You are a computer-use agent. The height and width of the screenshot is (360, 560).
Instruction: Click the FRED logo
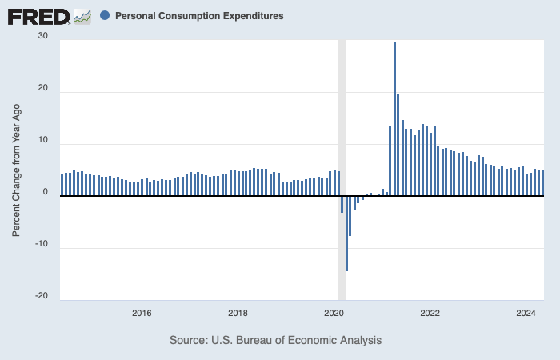point(38,16)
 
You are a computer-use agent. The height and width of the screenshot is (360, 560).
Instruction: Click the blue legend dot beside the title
point(106,16)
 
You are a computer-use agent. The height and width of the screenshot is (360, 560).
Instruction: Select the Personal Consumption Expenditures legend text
point(198,16)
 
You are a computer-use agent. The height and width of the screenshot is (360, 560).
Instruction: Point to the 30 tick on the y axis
point(42,36)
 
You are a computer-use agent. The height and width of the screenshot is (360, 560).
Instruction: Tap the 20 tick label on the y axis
point(42,90)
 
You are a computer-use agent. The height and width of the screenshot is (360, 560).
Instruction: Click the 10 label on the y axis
point(42,141)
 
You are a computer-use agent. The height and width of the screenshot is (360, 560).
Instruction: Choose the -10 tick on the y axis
point(41,245)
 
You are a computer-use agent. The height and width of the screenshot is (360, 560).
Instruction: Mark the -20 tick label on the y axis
point(41,296)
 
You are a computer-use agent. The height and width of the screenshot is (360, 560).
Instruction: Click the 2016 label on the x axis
point(142,313)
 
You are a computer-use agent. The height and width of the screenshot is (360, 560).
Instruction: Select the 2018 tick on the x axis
point(238,313)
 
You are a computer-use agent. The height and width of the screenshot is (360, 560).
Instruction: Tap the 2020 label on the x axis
point(334,313)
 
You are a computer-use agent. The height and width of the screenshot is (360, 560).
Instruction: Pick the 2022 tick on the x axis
point(430,313)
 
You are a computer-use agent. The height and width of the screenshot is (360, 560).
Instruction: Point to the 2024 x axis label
point(526,313)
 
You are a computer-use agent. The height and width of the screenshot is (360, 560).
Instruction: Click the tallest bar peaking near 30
point(394,120)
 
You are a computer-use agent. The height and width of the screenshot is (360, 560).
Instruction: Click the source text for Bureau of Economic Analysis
point(276,340)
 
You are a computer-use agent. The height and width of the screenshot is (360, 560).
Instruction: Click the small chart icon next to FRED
point(82,16)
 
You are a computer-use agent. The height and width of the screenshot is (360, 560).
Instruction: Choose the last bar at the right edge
point(542,183)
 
